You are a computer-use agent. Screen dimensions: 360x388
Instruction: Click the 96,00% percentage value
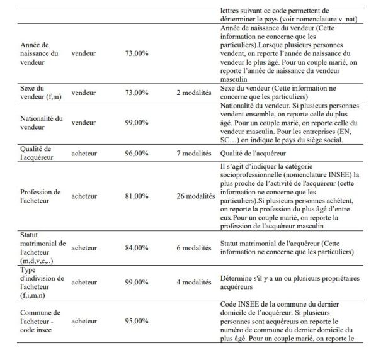[137, 152]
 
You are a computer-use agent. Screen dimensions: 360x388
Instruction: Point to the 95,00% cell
[137, 321]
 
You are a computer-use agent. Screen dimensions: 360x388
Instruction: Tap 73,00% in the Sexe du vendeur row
[137, 92]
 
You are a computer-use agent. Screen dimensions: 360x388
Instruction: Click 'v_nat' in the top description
[348, 19]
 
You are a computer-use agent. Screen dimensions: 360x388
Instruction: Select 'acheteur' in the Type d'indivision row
[84, 283]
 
